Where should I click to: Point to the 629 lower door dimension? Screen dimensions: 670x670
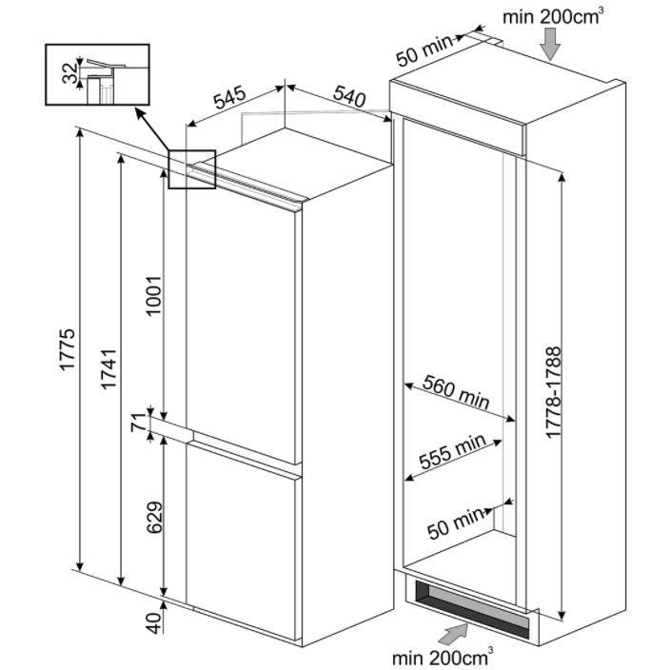tap(152, 516)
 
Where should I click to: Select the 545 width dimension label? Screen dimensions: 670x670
tap(229, 99)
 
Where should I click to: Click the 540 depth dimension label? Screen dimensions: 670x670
tap(349, 99)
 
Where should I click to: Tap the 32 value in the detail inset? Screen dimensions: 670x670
tap(69, 73)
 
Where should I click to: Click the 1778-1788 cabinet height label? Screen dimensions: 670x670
tap(555, 391)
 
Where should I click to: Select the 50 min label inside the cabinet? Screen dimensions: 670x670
tap(455, 522)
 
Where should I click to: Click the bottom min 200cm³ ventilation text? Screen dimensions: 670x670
tap(442, 656)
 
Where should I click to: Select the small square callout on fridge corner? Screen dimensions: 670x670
tap(192, 169)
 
